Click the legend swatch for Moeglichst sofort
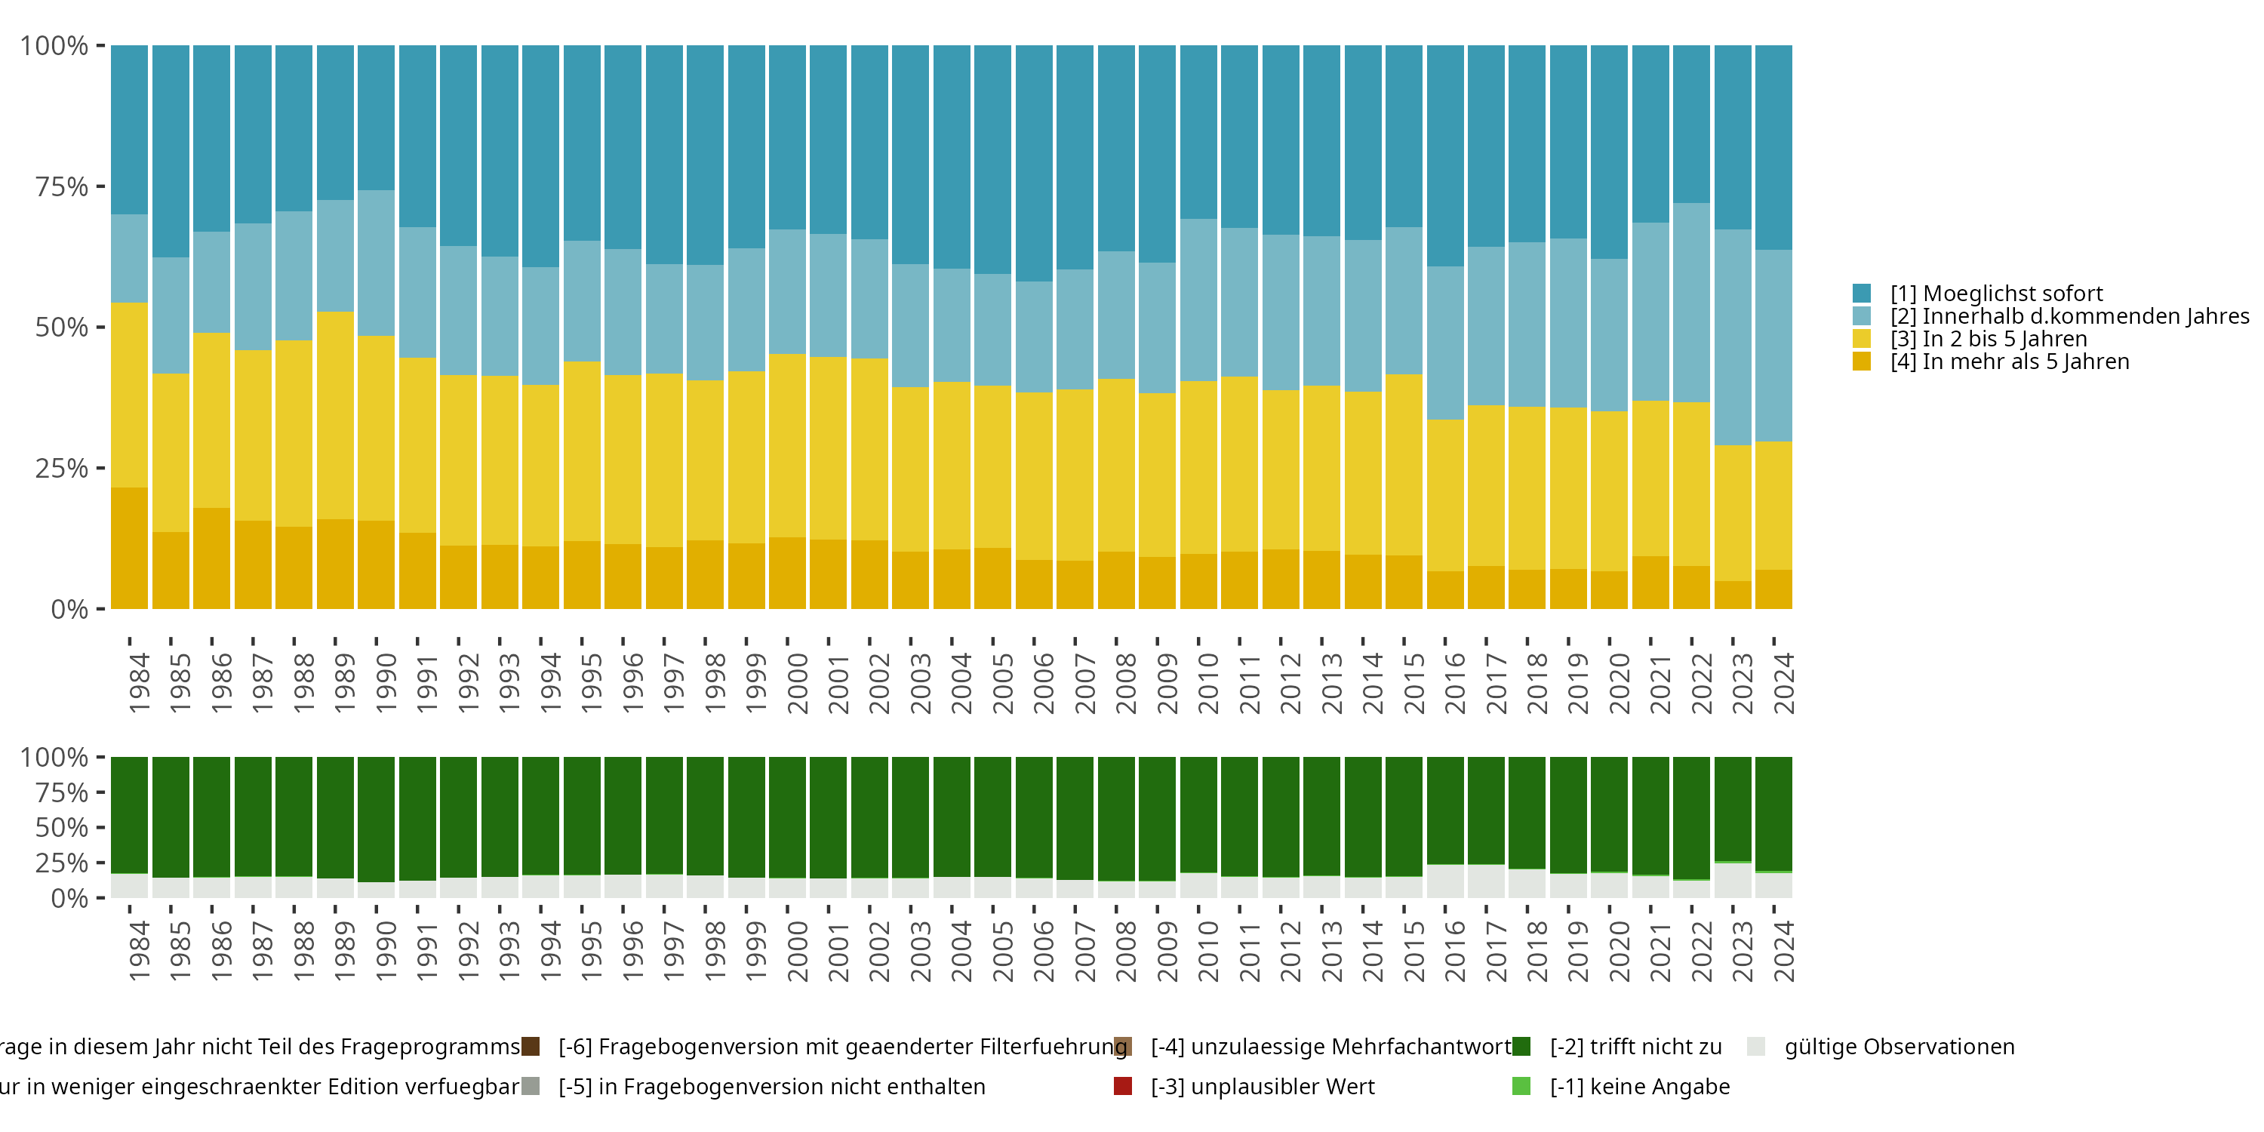coord(1862,294)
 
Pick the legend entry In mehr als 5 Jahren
coord(2009,362)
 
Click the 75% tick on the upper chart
coord(62,186)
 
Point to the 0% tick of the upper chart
coord(69,609)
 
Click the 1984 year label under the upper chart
coord(139,683)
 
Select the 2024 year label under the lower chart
coord(1783,952)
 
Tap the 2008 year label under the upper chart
coord(1126,683)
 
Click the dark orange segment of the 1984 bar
coord(129,549)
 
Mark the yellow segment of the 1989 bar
coord(335,416)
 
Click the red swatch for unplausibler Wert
coord(1122,1086)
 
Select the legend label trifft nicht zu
coord(1635,1047)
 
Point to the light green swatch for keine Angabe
coord(1521,1086)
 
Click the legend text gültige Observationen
coord(1899,1047)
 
